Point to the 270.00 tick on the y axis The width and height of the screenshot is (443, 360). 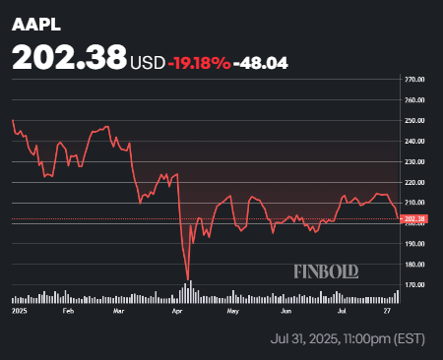point(414,79)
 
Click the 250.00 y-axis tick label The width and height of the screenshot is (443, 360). point(414,120)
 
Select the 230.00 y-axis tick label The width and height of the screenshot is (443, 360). point(414,161)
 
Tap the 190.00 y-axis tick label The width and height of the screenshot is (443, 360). point(414,244)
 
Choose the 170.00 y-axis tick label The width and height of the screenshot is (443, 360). point(414,285)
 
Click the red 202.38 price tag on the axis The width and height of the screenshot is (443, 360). point(414,218)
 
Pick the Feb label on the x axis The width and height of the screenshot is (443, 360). point(68,310)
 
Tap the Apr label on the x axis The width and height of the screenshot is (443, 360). point(177,310)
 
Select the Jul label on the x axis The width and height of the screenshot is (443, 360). point(342,310)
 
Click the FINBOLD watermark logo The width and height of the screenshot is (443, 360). point(326,270)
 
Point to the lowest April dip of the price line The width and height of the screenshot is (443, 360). point(187,279)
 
